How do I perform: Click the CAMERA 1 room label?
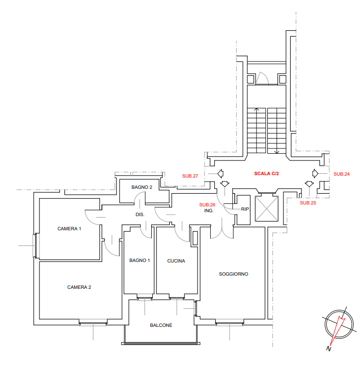tap(69, 229)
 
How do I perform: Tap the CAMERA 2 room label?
tap(79, 287)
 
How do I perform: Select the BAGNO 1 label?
tap(140, 261)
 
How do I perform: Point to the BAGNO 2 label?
tap(141, 187)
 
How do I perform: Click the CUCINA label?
tap(176, 261)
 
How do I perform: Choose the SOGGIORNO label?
tap(234, 274)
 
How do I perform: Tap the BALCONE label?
tap(161, 325)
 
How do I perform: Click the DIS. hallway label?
tap(140, 215)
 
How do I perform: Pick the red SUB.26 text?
tap(207, 205)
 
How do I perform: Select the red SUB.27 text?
tap(190, 176)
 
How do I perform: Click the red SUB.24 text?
tap(341, 174)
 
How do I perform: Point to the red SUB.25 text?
tap(308, 203)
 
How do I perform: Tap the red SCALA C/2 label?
tap(266, 173)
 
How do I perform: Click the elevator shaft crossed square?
tap(266, 209)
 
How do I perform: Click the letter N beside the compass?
tap(329, 349)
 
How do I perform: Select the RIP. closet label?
tap(245, 209)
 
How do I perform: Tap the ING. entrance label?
tap(209, 211)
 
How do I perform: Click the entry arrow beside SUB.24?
tap(315, 174)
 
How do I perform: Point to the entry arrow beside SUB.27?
tap(220, 174)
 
